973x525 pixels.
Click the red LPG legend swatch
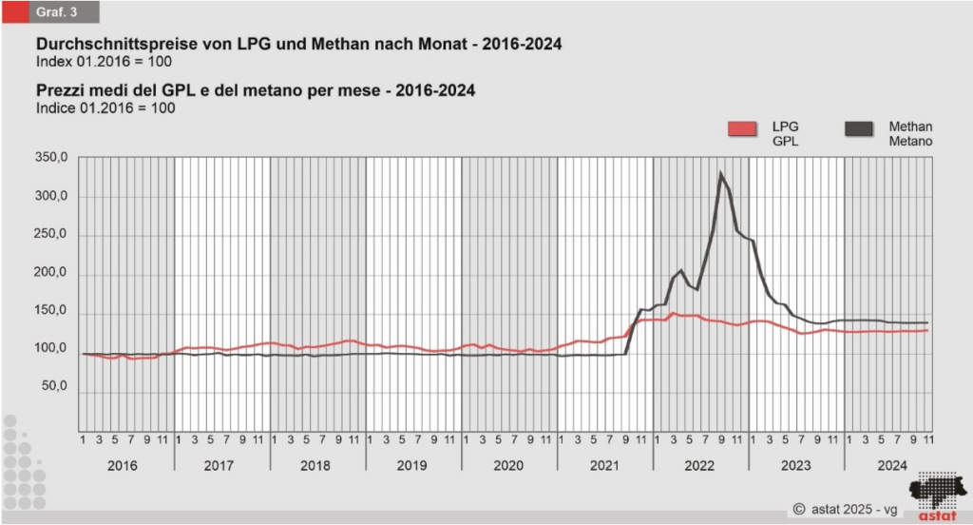click(x=741, y=129)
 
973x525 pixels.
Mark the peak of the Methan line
click(x=721, y=173)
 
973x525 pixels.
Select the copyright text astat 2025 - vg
click(x=845, y=509)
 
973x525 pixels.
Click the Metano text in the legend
click(x=910, y=141)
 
